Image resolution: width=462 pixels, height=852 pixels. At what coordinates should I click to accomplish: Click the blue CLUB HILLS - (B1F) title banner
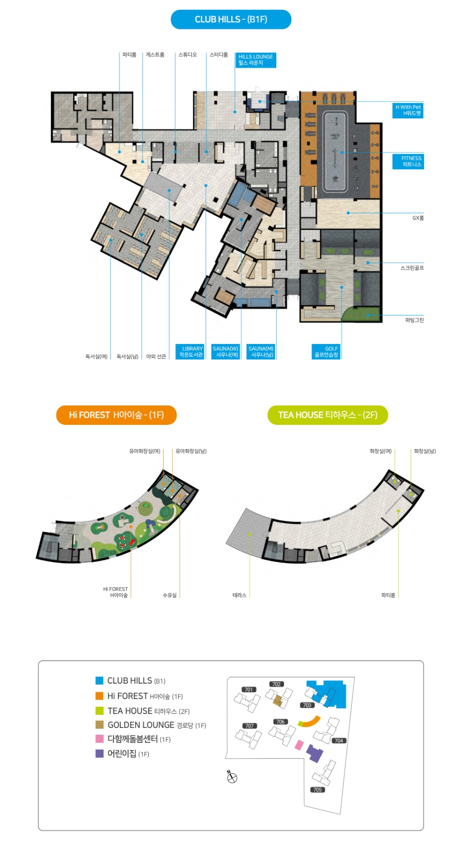[231, 19]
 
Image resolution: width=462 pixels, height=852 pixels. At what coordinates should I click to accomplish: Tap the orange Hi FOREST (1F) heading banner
[116, 415]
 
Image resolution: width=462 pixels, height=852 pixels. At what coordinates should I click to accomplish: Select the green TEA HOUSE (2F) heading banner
[328, 415]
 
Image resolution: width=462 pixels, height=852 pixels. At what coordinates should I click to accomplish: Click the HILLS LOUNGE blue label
[256, 60]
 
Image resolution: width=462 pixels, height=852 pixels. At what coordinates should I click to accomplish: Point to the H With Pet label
[408, 111]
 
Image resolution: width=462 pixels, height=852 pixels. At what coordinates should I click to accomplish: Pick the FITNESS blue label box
[408, 162]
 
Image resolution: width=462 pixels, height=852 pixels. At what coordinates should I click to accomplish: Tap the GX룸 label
[418, 218]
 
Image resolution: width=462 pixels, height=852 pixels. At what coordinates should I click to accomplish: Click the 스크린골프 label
[412, 268]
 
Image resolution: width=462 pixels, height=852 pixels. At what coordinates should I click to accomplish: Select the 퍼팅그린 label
[414, 320]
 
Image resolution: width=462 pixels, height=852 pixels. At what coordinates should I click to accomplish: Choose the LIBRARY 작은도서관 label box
[191, 352]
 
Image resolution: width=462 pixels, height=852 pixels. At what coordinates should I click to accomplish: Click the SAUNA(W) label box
[226, 352]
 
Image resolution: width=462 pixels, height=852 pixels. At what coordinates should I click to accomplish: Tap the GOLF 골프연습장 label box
[326, 352]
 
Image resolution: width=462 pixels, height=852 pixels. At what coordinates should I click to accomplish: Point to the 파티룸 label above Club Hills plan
[129, 55]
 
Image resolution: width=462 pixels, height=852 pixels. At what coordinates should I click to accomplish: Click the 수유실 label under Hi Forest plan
[170, 596]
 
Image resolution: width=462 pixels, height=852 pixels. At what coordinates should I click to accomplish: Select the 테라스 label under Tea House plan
[240, 596]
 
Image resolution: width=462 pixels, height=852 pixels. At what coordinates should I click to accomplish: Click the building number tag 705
[318, 790]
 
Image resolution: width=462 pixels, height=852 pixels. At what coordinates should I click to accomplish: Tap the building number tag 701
[249, 690]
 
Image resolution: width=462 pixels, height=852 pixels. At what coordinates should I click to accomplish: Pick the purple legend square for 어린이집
[100, 754]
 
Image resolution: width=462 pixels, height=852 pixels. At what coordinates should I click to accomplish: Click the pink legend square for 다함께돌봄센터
[100, 739]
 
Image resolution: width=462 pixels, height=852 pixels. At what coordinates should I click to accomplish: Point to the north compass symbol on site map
[232, 777]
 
